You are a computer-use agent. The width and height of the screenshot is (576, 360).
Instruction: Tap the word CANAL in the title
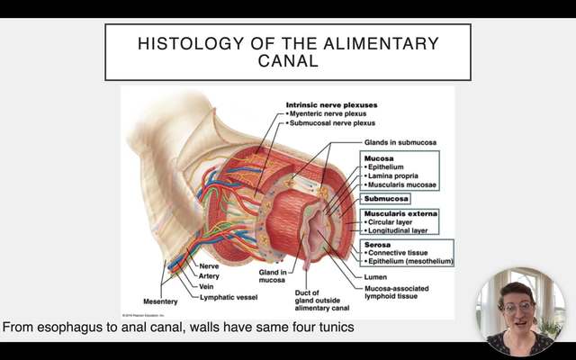(x=287, y=63)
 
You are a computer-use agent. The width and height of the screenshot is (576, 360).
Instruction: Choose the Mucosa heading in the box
(x=378, y=157)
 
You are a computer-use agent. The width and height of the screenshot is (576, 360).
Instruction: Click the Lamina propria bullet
(x=396, y=175)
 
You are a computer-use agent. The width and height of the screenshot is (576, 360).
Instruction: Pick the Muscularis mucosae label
(x=402, y=184)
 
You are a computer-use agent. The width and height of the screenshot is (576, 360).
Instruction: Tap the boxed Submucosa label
(x=386, y=198)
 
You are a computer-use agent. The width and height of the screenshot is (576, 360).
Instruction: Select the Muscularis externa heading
(x=400, y=213)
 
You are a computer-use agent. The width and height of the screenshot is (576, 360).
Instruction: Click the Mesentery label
(x=161, y=301)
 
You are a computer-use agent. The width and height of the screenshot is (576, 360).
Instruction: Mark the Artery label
(x=210, y=275)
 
